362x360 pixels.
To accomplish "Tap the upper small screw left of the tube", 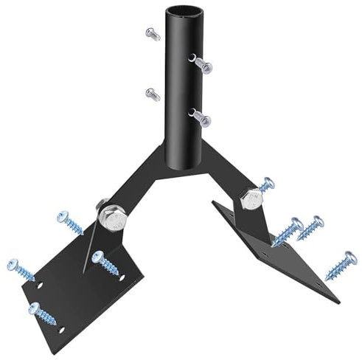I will click(x=153, y=33).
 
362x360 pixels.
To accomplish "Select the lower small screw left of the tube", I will click(x=153, y=94).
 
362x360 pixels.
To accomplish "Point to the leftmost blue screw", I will click(x=21, y=269).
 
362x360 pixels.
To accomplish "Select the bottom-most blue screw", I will click(x=42, y=313).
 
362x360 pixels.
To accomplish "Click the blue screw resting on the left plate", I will click(x=105, y=262).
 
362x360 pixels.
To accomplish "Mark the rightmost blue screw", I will click(x=341, y=266).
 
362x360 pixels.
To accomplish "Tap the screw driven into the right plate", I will click(x=288, y=232).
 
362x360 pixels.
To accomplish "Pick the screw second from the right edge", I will click(x=310, y=227).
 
